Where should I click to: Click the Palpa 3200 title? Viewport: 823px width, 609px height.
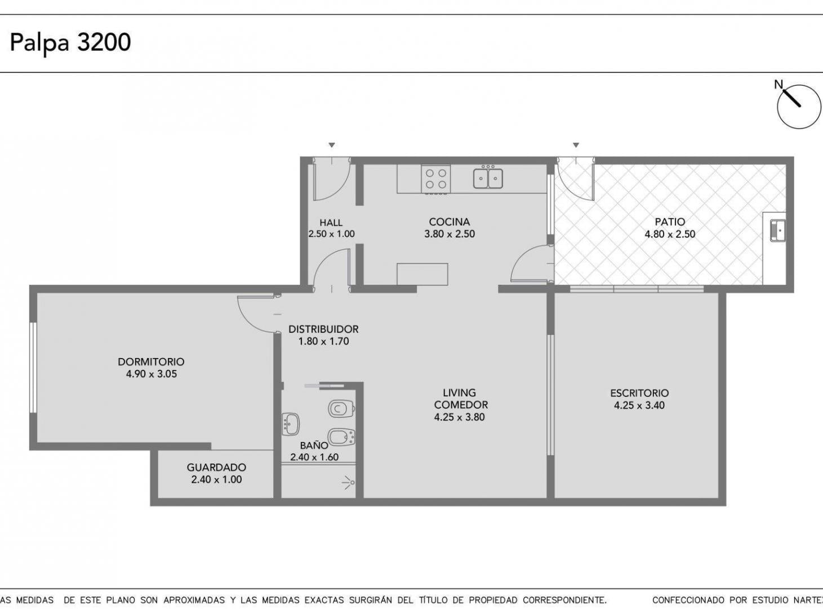[70, 43]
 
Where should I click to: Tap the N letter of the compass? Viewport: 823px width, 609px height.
[778, 85]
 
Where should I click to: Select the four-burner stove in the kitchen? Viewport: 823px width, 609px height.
[435, 179]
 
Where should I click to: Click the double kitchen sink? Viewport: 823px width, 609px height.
[488, 178]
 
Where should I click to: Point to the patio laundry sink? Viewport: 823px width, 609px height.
[778, 231]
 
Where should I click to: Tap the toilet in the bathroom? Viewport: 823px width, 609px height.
[341, 409]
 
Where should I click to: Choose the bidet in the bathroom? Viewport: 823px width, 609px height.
[341, 438]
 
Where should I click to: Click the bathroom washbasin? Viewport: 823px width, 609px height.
[291, 424]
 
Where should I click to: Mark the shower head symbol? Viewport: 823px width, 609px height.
[349, 483]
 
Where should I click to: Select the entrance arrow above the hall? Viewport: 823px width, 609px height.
[332, 145]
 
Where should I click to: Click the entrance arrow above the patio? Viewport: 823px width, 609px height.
[576, 145]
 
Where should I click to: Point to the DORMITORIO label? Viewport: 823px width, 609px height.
[151, 361]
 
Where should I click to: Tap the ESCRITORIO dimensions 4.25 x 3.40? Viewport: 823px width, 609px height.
[639, 405]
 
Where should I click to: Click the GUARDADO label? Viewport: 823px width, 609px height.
[216, 467]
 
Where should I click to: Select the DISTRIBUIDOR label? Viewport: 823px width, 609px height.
[323, 329]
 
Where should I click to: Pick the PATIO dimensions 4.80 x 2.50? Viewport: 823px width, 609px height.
[670, 234]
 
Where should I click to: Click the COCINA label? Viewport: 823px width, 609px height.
[450, 222]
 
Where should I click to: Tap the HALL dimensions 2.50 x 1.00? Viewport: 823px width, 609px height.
[331, 233]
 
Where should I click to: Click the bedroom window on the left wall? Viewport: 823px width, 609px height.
[33, 368]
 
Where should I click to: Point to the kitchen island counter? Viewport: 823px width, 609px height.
[422, 274]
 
